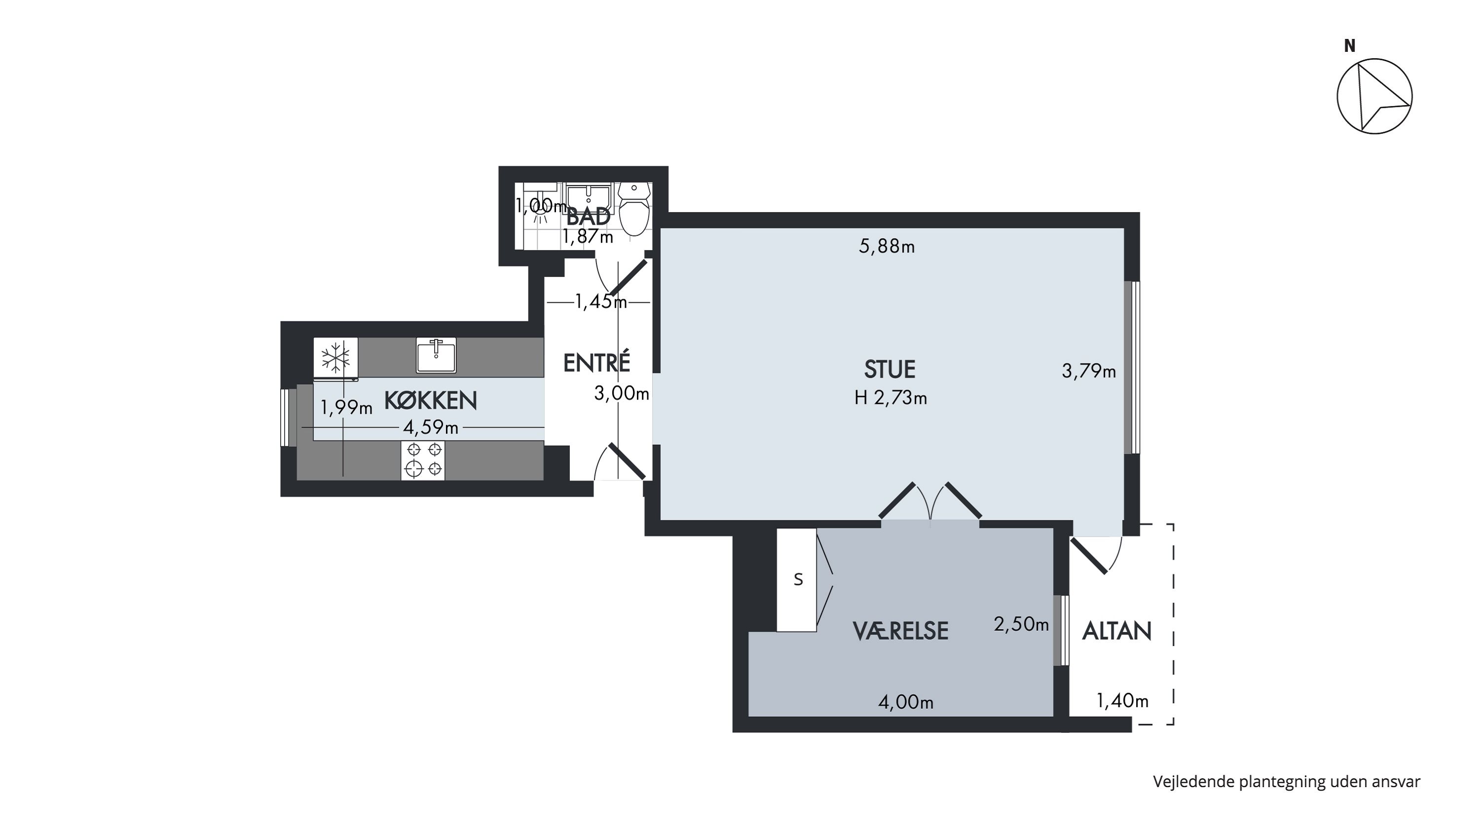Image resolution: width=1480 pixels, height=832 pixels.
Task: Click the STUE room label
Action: coord(889,369)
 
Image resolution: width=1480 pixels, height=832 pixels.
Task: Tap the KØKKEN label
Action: coord(430,400)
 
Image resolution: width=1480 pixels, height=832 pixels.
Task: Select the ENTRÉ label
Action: coord(596,362)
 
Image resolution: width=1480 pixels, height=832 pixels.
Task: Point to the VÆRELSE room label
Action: coord(900,631)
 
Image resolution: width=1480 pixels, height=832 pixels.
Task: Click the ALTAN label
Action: coord(1117,631)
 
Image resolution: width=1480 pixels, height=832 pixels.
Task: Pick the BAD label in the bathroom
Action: coord(589,217)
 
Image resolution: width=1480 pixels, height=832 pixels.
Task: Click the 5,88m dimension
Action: coord(887,246)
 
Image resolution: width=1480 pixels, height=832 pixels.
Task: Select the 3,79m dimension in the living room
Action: coord(1089,371)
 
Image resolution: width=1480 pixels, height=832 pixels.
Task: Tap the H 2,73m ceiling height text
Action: coord(890,398)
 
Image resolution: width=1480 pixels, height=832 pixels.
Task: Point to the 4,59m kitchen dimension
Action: coord(431,428)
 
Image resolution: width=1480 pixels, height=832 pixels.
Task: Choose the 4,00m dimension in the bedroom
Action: coord(906,702)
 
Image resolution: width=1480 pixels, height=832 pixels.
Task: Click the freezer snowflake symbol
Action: coord(335,358)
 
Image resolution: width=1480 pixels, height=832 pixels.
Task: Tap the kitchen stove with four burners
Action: coord(423,461)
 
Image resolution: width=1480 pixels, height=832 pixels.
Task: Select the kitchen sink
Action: coord(436,356)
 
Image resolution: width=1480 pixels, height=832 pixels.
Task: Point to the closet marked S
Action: coord(797,580)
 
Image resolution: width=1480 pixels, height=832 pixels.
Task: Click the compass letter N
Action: coord(1350,46)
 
